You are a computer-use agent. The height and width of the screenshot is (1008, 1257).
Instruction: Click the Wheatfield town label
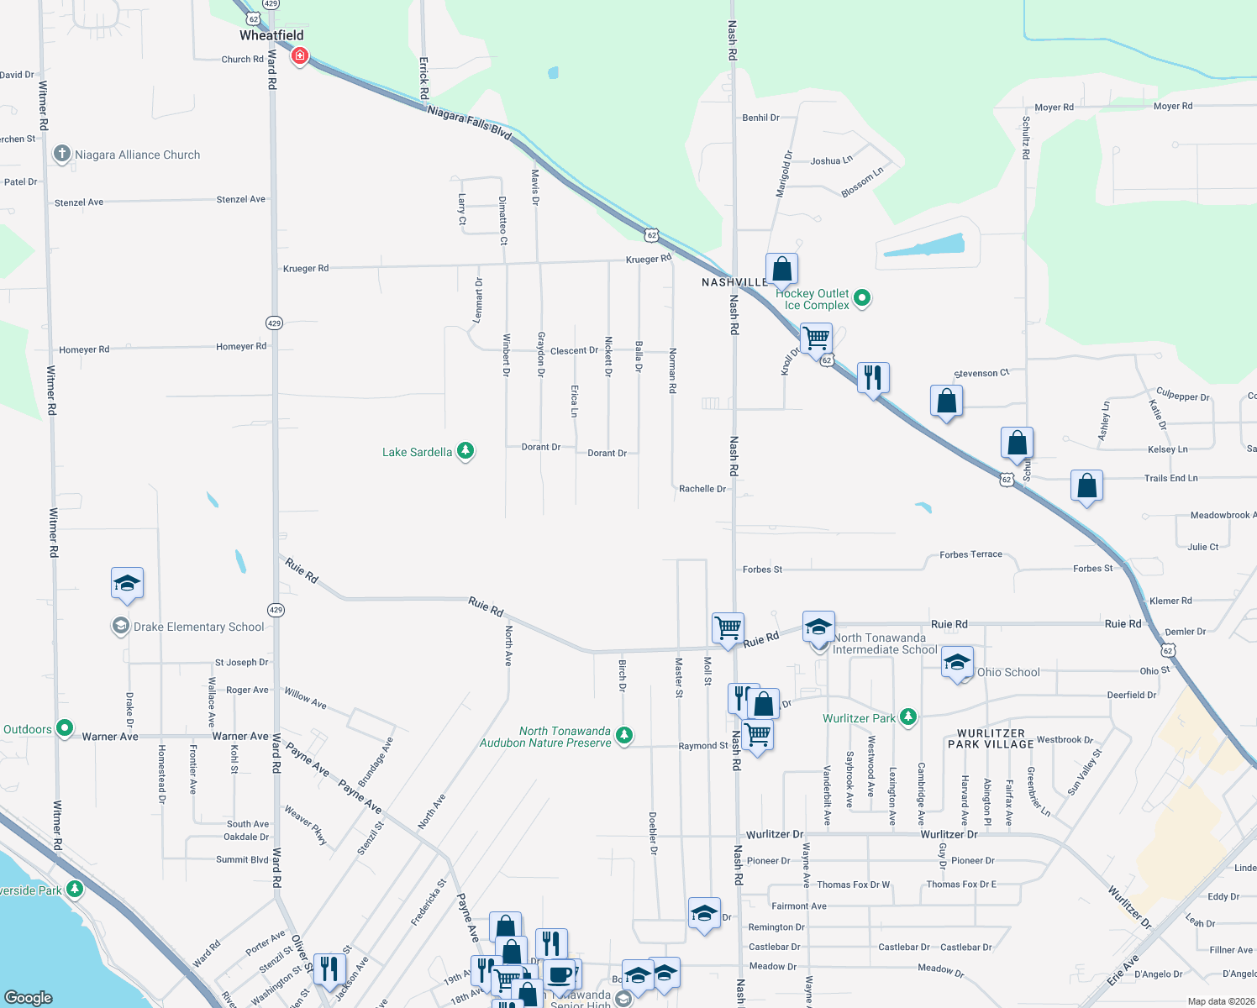(x=271, y=35)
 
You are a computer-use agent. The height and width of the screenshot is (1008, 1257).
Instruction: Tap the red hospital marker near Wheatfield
(x=299, y=56)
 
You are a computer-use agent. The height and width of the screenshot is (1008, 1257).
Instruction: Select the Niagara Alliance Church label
(x=138, y=155)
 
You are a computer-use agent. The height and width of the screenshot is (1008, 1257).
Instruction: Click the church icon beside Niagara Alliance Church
(x=61, y=154)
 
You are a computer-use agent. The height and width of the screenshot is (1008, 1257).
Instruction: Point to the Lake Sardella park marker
(x=465, y=451)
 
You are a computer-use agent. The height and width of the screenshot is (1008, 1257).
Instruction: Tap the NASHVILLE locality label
(x=734, y=282)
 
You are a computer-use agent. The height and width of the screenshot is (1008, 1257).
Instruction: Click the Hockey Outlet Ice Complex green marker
(x=862, y=297)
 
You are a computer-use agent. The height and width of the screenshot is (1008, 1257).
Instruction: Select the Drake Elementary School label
(x=199, y=627)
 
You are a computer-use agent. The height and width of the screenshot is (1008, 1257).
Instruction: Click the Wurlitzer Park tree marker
(x=907, y=717)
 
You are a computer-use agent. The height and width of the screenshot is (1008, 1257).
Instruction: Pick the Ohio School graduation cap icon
(x=957, y=662)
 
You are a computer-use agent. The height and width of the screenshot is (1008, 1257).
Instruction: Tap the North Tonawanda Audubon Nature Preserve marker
(x=623, y=736)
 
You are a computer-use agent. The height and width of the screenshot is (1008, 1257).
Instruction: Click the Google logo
(x=28, y=997)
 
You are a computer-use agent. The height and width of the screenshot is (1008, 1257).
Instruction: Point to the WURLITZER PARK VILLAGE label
(x=991, y=739)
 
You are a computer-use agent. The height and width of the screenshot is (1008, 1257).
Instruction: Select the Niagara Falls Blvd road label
(x=469, y=123)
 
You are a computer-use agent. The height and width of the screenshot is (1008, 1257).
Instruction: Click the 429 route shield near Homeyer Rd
(x=274, y=323)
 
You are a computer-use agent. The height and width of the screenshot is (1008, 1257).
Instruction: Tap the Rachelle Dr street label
(x=702, y=489)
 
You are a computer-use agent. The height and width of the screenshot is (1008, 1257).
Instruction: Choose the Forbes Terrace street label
(x=970, y=554)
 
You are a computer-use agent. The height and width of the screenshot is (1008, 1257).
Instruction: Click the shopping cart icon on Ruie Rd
(x=728, y=627)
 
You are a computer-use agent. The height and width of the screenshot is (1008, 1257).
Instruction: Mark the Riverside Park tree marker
(x=75, y=889)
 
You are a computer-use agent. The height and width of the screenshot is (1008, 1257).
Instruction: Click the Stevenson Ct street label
(x=981, y=373)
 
